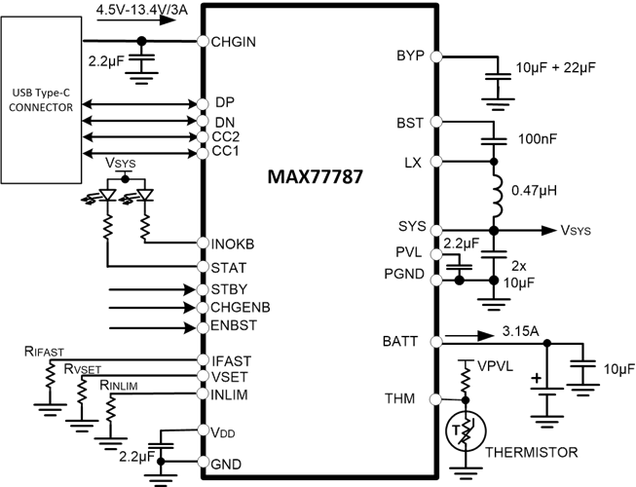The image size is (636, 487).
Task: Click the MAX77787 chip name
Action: (x=315, y=179)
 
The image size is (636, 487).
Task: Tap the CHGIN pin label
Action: (x=233, y=42)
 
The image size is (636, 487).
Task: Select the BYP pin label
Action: (x=411, y=55)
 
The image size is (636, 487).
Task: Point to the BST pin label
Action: (x=411, y=123)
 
